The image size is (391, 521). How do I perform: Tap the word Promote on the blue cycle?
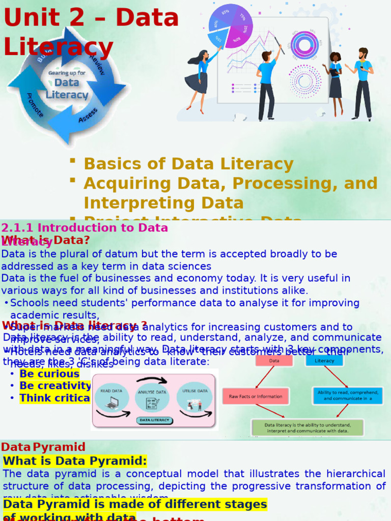pyautogui.click(x=35, y=105)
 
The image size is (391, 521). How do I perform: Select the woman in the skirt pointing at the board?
pyautogui.click(x=199, y=79)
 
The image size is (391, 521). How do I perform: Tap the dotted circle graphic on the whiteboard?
pyautogui.click(x=305, y=80)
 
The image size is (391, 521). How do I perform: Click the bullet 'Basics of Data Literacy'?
pyautogui.click(x=188, y=164)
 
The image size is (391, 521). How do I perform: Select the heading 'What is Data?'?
pyautogui.click(x=46, y=240)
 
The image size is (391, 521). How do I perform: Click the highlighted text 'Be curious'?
pyautogui.click(x=49, y=374)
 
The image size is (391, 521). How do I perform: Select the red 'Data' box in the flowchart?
pyautogui.click(x=274, y=360)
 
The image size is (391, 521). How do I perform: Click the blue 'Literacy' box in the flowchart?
pyautogui.click(x=324, y=360)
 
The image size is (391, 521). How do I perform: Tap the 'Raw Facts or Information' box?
pyautogui.click(x=256, y=396)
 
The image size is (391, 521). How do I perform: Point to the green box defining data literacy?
pyautogui.click(x=308, y=427)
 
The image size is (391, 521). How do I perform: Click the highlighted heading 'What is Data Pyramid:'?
pyautogui.click(x=75, y=461)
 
